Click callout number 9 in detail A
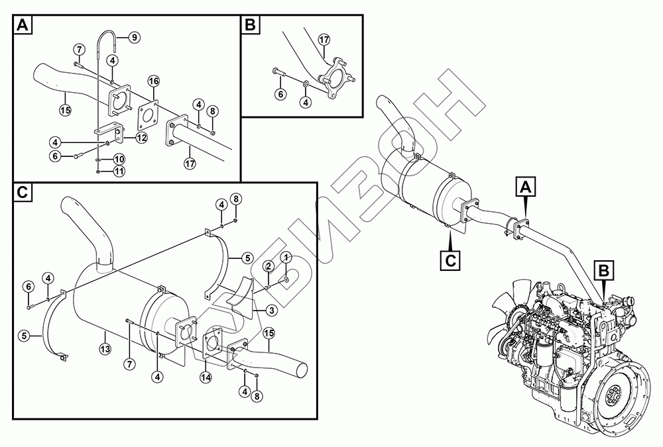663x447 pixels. [x=134, y=37]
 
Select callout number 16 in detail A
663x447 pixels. [x=154, y=81]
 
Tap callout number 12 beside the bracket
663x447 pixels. [x=141, y=137]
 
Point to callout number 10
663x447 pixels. [x=119, y=160]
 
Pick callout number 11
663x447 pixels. [x=119, y=172]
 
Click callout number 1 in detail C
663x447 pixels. [x=286, y=256]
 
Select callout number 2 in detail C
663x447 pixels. [x=269, y=266]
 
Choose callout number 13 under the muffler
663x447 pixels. [x=104, y=349]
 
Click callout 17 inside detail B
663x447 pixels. [x=324, y=40]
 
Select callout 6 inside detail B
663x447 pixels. [x=280, y=95]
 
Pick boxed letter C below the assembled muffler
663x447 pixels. [x=450, y=260]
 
